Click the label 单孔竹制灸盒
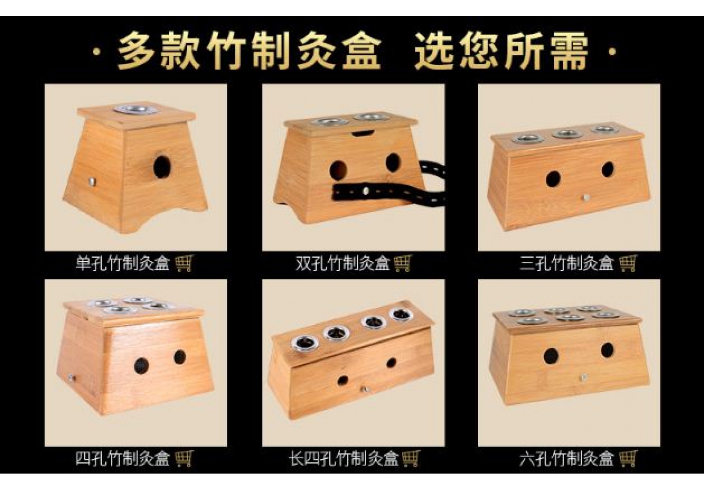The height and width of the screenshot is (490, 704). point(123,263)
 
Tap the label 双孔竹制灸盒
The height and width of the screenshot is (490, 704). point(343,263)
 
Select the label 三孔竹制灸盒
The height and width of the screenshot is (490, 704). point(566,263)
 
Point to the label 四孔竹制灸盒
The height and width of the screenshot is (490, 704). point(123,459)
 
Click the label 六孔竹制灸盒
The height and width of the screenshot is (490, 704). point(566,459)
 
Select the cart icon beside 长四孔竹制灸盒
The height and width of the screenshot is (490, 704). point(411,459)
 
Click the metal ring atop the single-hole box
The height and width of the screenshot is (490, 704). point(136,109)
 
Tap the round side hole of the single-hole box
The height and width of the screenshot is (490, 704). point(162,167)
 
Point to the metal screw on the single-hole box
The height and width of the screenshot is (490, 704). point(92,181)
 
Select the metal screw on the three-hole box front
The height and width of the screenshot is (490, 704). point(585,198)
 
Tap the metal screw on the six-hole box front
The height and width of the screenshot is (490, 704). point(583,377)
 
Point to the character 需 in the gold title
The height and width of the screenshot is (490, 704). point(567,51)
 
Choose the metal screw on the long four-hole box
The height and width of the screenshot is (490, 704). point(365,390)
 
